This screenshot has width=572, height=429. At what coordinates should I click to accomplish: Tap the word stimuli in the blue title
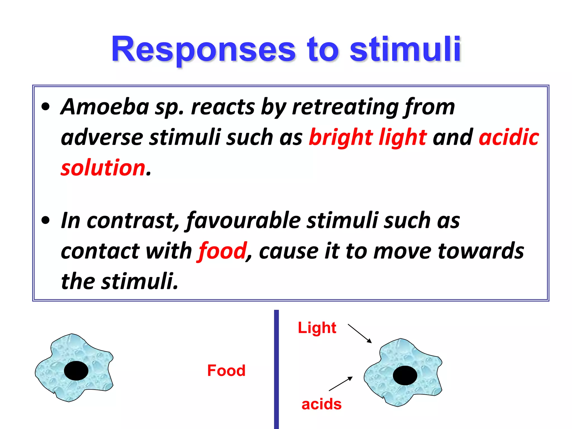[x=405, y=50]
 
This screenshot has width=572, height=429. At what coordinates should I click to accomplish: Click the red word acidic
[x=509, y=137]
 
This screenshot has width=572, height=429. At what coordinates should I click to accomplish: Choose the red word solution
[x=103, y=168]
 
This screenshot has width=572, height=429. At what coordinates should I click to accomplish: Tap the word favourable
[x=243, y=221]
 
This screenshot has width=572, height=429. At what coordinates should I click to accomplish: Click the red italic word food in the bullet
[x=222, y=251]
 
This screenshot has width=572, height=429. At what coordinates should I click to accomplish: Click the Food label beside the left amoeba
[x=226, y=371]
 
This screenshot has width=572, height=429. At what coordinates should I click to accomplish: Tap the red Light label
[x=317, y=328]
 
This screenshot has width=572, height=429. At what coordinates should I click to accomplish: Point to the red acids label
[x=321, y=404]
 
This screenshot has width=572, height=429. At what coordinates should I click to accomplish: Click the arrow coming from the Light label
[x=360, y=333]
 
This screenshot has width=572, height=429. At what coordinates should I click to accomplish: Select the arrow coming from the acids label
[x=341, y=384]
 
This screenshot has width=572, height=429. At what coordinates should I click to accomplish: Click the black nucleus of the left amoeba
[x=76, y=371]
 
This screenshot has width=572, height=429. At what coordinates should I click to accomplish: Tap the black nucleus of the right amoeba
[x=405, y=375]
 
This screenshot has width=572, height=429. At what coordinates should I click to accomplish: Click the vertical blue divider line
[x=276, y=369]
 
